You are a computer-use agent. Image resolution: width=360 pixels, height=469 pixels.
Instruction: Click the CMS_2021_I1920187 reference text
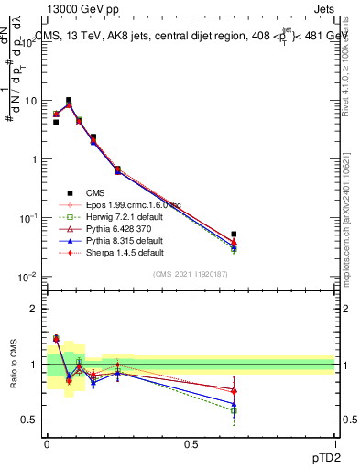[x=190, y=274]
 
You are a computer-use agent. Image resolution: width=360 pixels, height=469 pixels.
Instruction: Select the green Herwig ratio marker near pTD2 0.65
[x=235, y=410]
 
